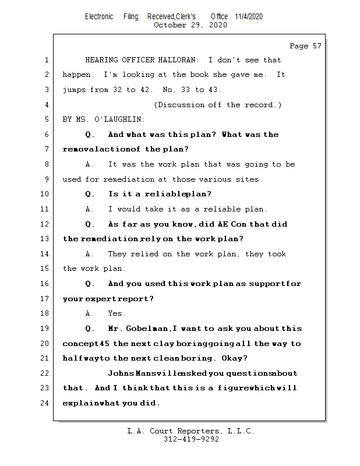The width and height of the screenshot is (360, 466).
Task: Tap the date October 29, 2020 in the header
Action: coord(190,25)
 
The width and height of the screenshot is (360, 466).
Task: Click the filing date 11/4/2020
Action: coord(249,16)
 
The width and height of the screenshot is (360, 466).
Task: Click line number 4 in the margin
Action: coord(46,105)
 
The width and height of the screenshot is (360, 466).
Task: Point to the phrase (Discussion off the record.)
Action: coord(218,105)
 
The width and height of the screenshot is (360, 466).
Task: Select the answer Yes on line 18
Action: coord(117,313)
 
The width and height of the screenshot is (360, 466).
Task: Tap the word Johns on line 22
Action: coord(120,373)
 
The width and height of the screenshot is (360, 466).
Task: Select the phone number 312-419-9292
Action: coord(191,440)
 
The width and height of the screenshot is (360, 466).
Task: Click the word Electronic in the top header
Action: coord(99,16)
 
